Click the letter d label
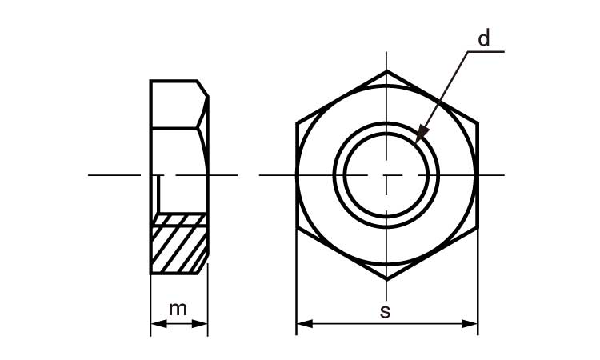[484, 38]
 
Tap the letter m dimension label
[178, 309]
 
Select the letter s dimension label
[386, 312]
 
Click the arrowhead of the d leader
[422, 133]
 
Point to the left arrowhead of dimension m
[159, 324]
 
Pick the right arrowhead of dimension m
[199, 324]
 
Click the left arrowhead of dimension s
[305, 324]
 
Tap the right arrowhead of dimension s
[470, 324]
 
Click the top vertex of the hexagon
[386, 70]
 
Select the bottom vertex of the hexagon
[386, 279]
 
